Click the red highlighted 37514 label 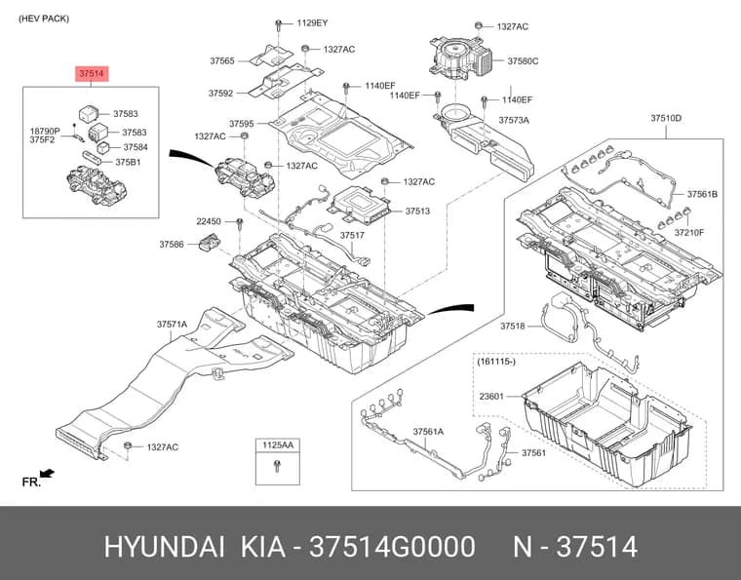92,74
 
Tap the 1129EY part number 312,22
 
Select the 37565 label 222,61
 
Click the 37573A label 514,121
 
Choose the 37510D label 666,118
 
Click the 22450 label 209,221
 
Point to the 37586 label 172,245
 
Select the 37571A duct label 172,325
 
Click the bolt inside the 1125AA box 278,467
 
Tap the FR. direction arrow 47,473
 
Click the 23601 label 491,397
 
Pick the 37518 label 513,326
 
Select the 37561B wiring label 702,194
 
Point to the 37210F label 689,232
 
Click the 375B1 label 128,162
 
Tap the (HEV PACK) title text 44,19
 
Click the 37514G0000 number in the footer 392,547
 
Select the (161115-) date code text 496,362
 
